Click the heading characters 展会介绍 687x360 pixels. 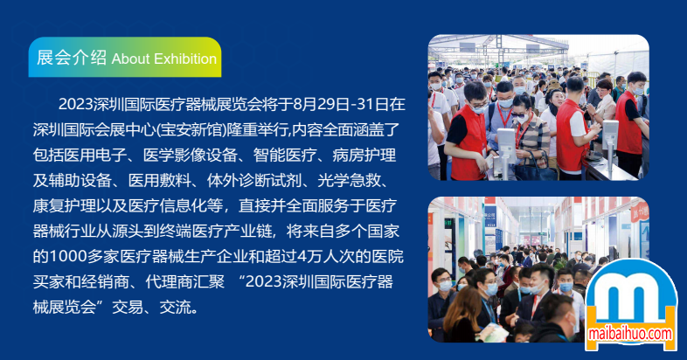72,58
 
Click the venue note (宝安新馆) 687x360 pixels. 191,129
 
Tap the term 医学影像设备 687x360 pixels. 191,155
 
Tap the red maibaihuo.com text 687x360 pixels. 630,334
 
